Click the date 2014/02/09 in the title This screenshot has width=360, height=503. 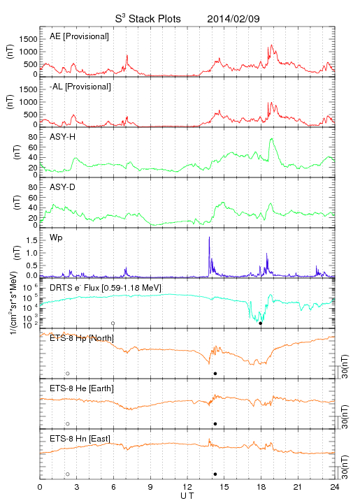(233, 19)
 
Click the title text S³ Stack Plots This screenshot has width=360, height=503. (148, 19)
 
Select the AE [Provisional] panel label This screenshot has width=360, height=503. (79, 36)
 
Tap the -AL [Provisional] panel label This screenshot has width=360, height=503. (80, 87)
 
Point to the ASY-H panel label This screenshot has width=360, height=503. (63, 137)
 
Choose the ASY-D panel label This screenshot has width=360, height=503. (63, 187)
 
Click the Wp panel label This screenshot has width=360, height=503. (56, 238)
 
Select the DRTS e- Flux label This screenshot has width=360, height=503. (106, 288)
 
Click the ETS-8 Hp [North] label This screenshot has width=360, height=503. (82, 338)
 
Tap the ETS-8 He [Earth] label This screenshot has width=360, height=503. (82, 388)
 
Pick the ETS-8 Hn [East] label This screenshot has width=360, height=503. (80, 439)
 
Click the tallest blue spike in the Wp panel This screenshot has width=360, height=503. (209, 238)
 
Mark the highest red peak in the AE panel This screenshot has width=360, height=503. (272, 45)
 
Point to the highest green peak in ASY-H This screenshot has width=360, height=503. (272, 139)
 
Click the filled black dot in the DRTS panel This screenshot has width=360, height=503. (261, 323)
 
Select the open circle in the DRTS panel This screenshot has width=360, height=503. (113, 323)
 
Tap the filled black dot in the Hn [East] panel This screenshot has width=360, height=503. (215, 474)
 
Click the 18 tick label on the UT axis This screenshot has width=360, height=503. (261, 487)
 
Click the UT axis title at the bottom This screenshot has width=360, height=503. (187, 496)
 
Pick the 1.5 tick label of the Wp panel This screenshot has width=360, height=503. (31, 240)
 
